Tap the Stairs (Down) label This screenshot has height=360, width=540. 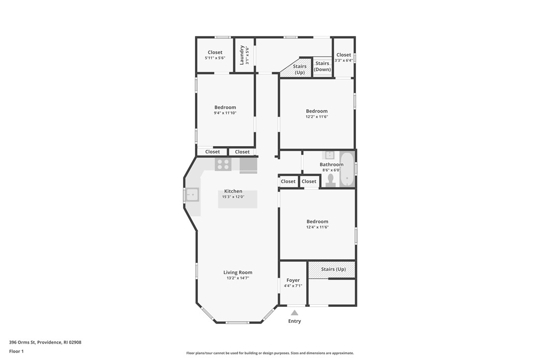point(322,66)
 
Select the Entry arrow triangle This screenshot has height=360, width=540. point(294,313)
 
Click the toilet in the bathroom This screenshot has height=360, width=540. point(331,181)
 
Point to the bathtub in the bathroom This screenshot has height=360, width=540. point(347,169)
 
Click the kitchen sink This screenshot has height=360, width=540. point(192,195)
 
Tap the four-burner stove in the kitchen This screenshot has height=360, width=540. point(223,164)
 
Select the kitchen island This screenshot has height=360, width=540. point(238,199)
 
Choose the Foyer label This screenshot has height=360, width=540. point(293,280)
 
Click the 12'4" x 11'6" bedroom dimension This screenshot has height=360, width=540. point(317,227)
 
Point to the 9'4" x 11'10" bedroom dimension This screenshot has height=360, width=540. point(225,113)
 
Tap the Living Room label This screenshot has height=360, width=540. point(238,272)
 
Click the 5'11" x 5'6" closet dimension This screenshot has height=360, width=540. point(215,58)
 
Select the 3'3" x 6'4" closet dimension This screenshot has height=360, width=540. point(344,61)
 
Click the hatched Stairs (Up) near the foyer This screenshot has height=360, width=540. point(332,270)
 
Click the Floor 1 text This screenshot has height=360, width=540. point(16,351)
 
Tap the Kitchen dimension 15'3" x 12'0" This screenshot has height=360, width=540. point(233,197)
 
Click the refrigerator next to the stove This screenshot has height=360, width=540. point(249,165)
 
